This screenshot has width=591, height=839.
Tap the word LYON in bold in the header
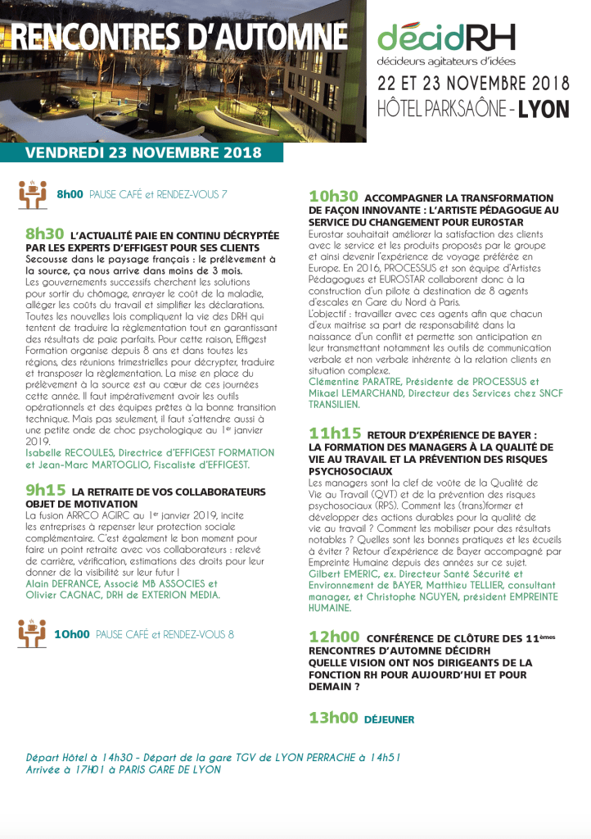pyautogui.click(x=544, y=109)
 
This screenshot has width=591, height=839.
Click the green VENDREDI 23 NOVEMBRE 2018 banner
pyautogui.click(x=142, y=153)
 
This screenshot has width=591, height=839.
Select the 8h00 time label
pyautogui.click(x=70, y=195)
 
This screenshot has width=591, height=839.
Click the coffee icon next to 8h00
pyautogui.click(x=32, y=193)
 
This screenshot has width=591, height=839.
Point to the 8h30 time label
pyautogui.click(x=45, y=234)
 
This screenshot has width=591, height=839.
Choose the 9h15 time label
pyautogui.click(x=46, y=490)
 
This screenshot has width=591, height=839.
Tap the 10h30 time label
pyautogui.click(x=333, y=197)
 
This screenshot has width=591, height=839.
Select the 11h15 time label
pyautogui.click(x=333, y=433)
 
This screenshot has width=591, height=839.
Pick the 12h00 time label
pyautogui.click(x=334, y=636)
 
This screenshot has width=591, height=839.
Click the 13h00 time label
pyautogui.click(x=333, y=718)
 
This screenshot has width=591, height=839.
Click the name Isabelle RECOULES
pyautogui.click(x=66, y=452)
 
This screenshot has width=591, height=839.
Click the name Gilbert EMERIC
pyautogui.click(x=345, y=575)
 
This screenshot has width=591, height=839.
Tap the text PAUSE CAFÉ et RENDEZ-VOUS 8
pyautogui.click(x=165, y=635)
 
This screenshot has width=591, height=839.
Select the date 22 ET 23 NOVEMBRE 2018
pyautogui.click(x=473, y=84)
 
